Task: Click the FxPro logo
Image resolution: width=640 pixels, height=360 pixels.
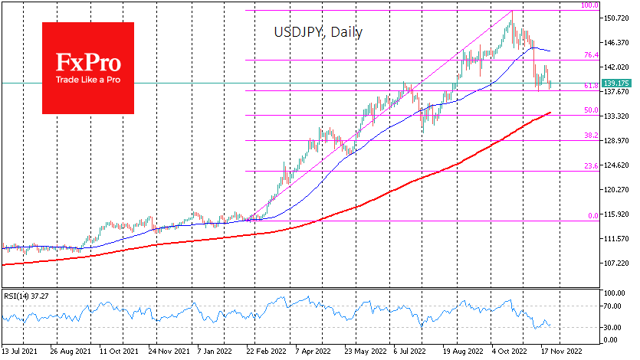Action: (x=87, y=67)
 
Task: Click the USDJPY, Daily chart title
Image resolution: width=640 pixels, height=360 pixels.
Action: (x=318, y=33)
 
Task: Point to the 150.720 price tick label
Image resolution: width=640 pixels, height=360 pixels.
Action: (x=615, y=18)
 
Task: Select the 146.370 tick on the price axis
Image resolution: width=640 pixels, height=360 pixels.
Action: (x=615, y=42)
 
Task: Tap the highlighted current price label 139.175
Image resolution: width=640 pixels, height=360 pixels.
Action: (x=617, y=83)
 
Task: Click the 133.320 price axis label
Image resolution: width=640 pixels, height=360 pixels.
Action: (x=615, y=116)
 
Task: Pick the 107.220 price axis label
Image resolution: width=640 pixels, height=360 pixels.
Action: (x=615, y=263)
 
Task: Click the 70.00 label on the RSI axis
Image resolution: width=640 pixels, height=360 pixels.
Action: (x=612, y=306)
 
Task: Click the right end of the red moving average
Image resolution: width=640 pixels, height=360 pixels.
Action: (x=550, y=113)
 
